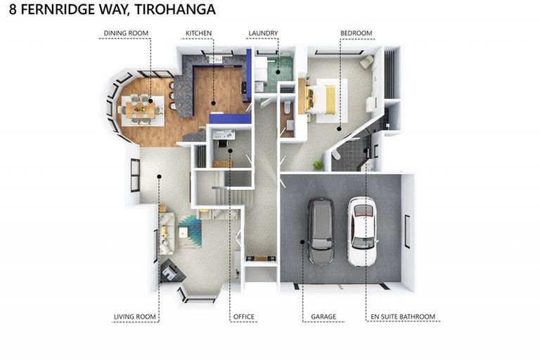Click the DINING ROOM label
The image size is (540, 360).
(x=127, y=33)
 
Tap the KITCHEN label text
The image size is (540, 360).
(x=198, y=33)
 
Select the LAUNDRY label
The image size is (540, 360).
(x=263, y=33)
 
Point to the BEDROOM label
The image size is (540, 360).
(x=356, y=33)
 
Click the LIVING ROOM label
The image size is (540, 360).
(x=134, y=317)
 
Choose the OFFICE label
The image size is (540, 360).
(x=243, y=317)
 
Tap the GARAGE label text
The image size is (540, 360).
(x=323, y=317)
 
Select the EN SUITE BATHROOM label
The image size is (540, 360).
(x=403, y=317)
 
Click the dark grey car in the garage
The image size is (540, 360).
(x=321, y=231)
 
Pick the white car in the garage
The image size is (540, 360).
(x=362, y=231)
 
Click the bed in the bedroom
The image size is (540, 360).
(x=325, y=99)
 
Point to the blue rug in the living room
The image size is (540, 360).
(x=190, y=230)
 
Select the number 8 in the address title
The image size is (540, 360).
(x=8, y=10)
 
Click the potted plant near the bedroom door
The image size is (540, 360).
(x=318, y=165)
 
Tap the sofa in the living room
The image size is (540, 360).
(x=167, y=232)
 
